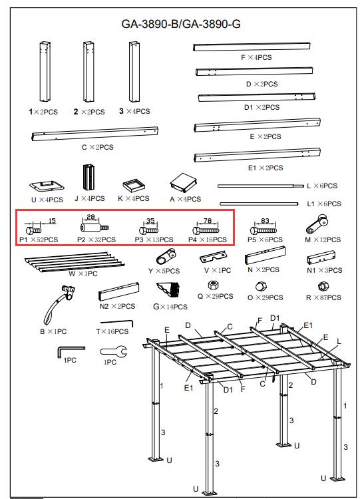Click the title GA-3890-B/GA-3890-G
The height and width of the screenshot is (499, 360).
click(x=181, y=24)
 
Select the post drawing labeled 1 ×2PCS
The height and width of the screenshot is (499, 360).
click(x=45, y=72)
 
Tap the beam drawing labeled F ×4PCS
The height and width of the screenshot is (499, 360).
click(x=252, y=47)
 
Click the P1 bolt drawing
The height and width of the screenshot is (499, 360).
click(x=33, y=230)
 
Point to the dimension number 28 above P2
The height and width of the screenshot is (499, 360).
click(x=90, y=217)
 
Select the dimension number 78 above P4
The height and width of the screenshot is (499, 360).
click(x=207, y=220)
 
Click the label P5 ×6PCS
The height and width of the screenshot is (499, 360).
click(x=265, y=240)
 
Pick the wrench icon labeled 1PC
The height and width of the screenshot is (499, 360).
click(x=114, y=351)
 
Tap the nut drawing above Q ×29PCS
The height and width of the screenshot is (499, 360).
click(x=212, y=285)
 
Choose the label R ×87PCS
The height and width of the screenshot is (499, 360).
click(x=323, y=297)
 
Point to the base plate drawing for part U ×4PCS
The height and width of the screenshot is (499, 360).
click(x=47, y=186)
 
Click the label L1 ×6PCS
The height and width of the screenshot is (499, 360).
click(x=323, y=204)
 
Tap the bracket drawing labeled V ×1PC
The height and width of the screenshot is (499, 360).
click(x=213, y=257)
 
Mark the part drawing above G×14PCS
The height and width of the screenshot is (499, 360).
click(x=168, y=289)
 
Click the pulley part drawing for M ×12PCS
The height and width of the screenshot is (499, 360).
click(x=317, y=224)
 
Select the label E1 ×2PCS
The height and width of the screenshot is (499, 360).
click(x=266, y=168)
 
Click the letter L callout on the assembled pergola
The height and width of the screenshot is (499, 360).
click(x=339, y=342)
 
